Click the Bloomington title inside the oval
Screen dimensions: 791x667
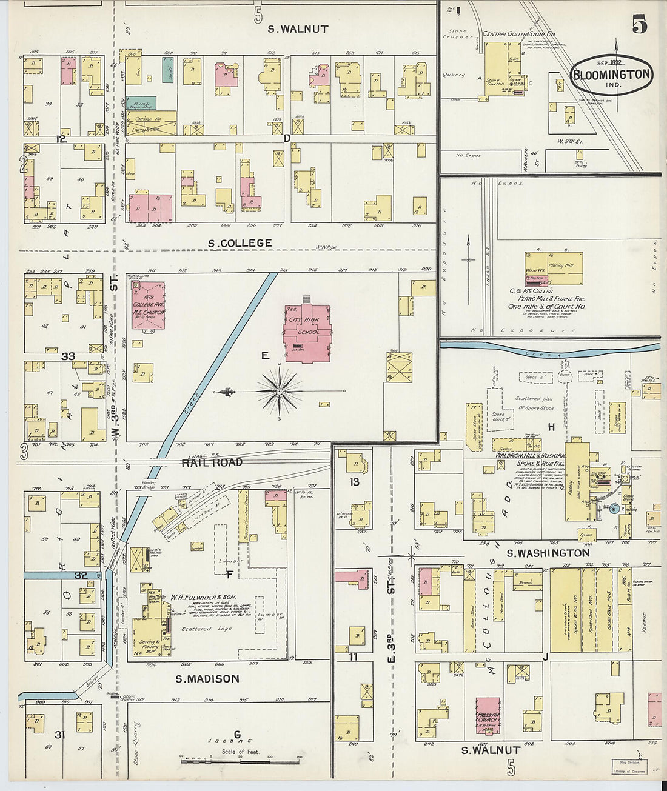coord(611,75)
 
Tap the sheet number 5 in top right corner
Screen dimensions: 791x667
coord(639,25)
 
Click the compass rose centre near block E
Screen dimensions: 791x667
coord(279,392)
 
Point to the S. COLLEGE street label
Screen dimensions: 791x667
coord(240,243)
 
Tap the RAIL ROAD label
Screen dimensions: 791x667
coord(212,462)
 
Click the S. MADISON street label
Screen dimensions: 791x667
coord(207,679)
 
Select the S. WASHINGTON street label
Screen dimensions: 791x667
coord(540,553)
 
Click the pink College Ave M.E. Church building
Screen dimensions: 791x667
coord(148,305)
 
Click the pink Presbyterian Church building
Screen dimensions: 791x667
coord(488,718)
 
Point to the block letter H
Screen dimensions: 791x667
coord(551,427)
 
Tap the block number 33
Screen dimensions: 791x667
coord(68,356)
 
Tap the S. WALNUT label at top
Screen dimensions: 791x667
coord(298,28)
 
